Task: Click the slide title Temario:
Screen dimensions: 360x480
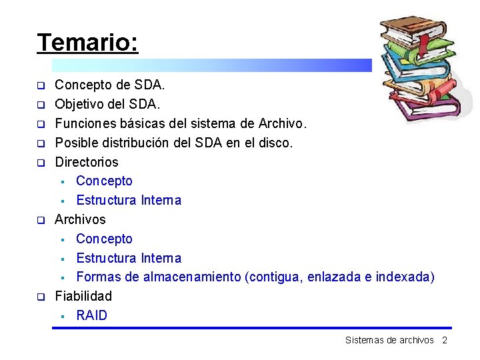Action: click(x=87, y=43)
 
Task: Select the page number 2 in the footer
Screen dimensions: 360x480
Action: click(x=444, y=341)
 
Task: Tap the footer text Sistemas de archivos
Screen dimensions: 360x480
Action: click(x=389, y=341)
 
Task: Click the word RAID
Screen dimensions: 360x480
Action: click(x=91, y=315)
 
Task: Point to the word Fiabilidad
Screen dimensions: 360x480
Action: click(x=83, y=296)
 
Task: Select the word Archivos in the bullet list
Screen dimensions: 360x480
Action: click(x=80, y=219)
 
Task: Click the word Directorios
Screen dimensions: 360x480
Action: click(x=87, y=162)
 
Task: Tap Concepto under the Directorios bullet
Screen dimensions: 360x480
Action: click(x=104, y=181)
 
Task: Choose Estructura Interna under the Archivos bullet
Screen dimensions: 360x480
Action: click(x=129, y=258)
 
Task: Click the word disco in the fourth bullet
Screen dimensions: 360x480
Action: click(x=276, y=143)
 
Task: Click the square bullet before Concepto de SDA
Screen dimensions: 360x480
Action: click(x=40, y=86)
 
